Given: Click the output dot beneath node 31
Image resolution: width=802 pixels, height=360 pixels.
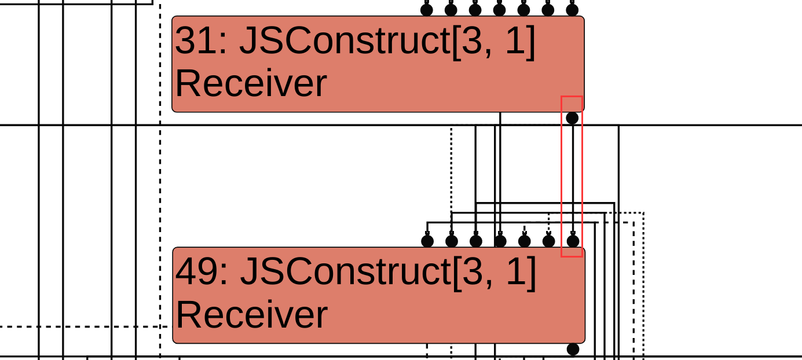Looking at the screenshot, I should (572, 118).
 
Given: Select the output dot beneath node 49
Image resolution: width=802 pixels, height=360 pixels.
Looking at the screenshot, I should (573, 349).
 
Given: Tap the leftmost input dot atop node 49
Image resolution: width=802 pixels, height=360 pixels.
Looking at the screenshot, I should (427, 241).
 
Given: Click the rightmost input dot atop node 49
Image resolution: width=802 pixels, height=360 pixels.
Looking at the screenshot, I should (573, 241).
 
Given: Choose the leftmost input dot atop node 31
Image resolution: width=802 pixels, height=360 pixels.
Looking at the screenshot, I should (427, 9).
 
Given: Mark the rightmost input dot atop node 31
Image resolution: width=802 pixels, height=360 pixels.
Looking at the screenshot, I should (572, 9).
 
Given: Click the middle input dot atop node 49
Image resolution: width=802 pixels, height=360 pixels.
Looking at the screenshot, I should (500, 241).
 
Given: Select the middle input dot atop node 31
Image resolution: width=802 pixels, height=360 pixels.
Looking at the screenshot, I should (499, 9).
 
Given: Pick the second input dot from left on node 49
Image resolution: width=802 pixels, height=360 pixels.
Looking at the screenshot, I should (452, 241).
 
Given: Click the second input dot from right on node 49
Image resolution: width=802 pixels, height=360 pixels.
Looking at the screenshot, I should (548, 241).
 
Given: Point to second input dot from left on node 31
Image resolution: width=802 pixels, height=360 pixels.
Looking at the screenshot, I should (451, 9).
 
